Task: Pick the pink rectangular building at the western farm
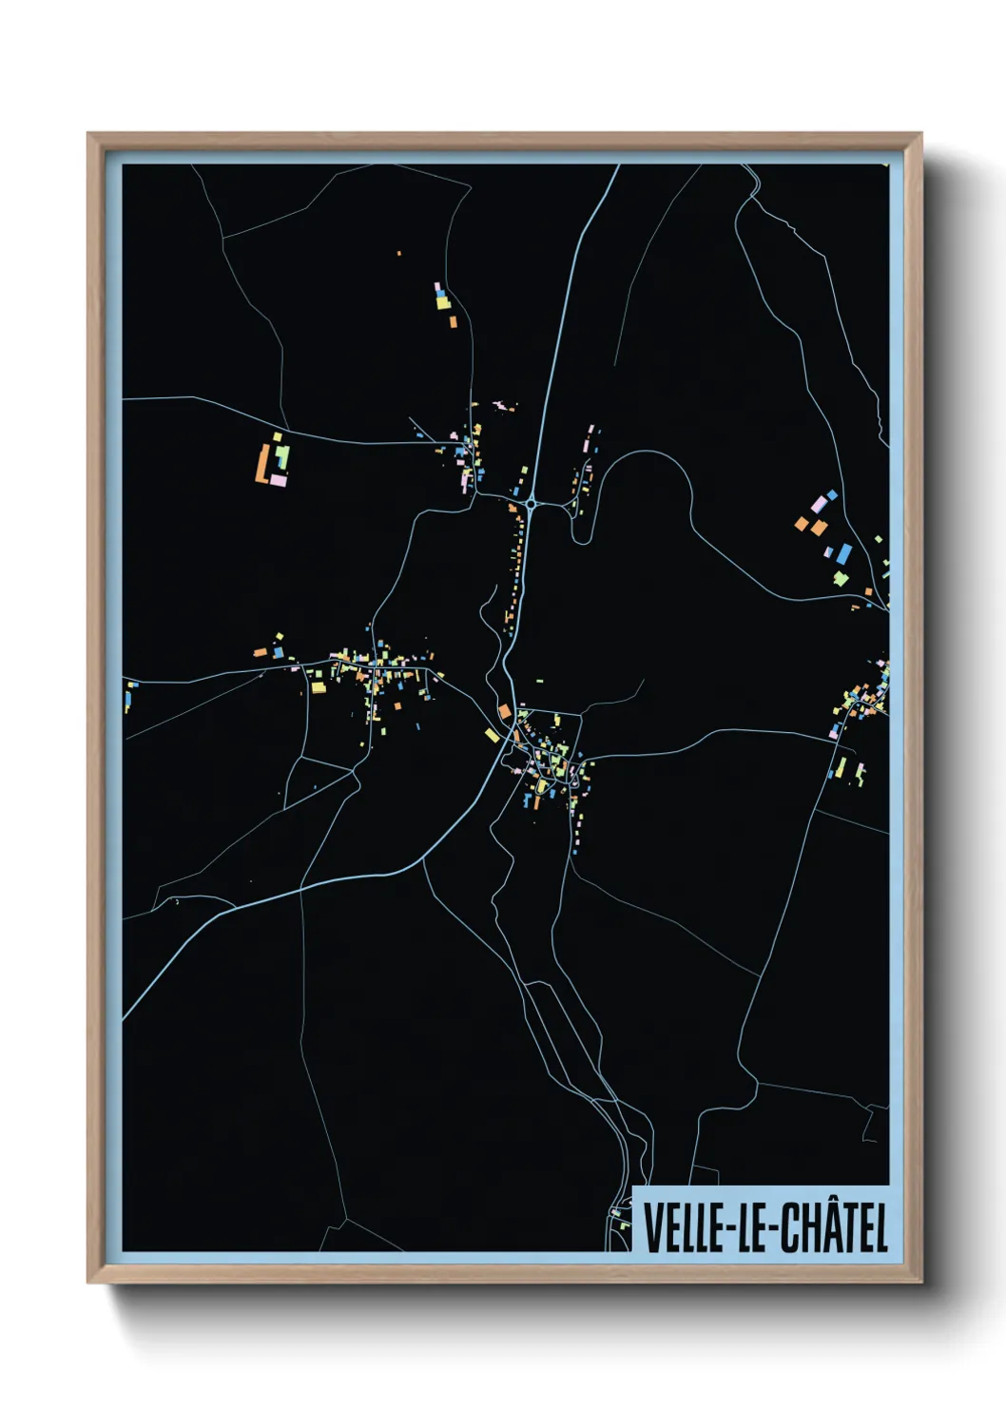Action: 279,481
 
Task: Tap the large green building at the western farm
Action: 282,457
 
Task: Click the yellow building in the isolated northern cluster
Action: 442,303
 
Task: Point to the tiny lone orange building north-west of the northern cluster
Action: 398,253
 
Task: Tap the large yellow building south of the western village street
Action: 318,685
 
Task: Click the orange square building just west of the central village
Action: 505,711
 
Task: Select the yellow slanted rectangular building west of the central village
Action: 492,735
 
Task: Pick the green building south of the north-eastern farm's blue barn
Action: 841,577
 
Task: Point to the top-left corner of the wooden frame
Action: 88,134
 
